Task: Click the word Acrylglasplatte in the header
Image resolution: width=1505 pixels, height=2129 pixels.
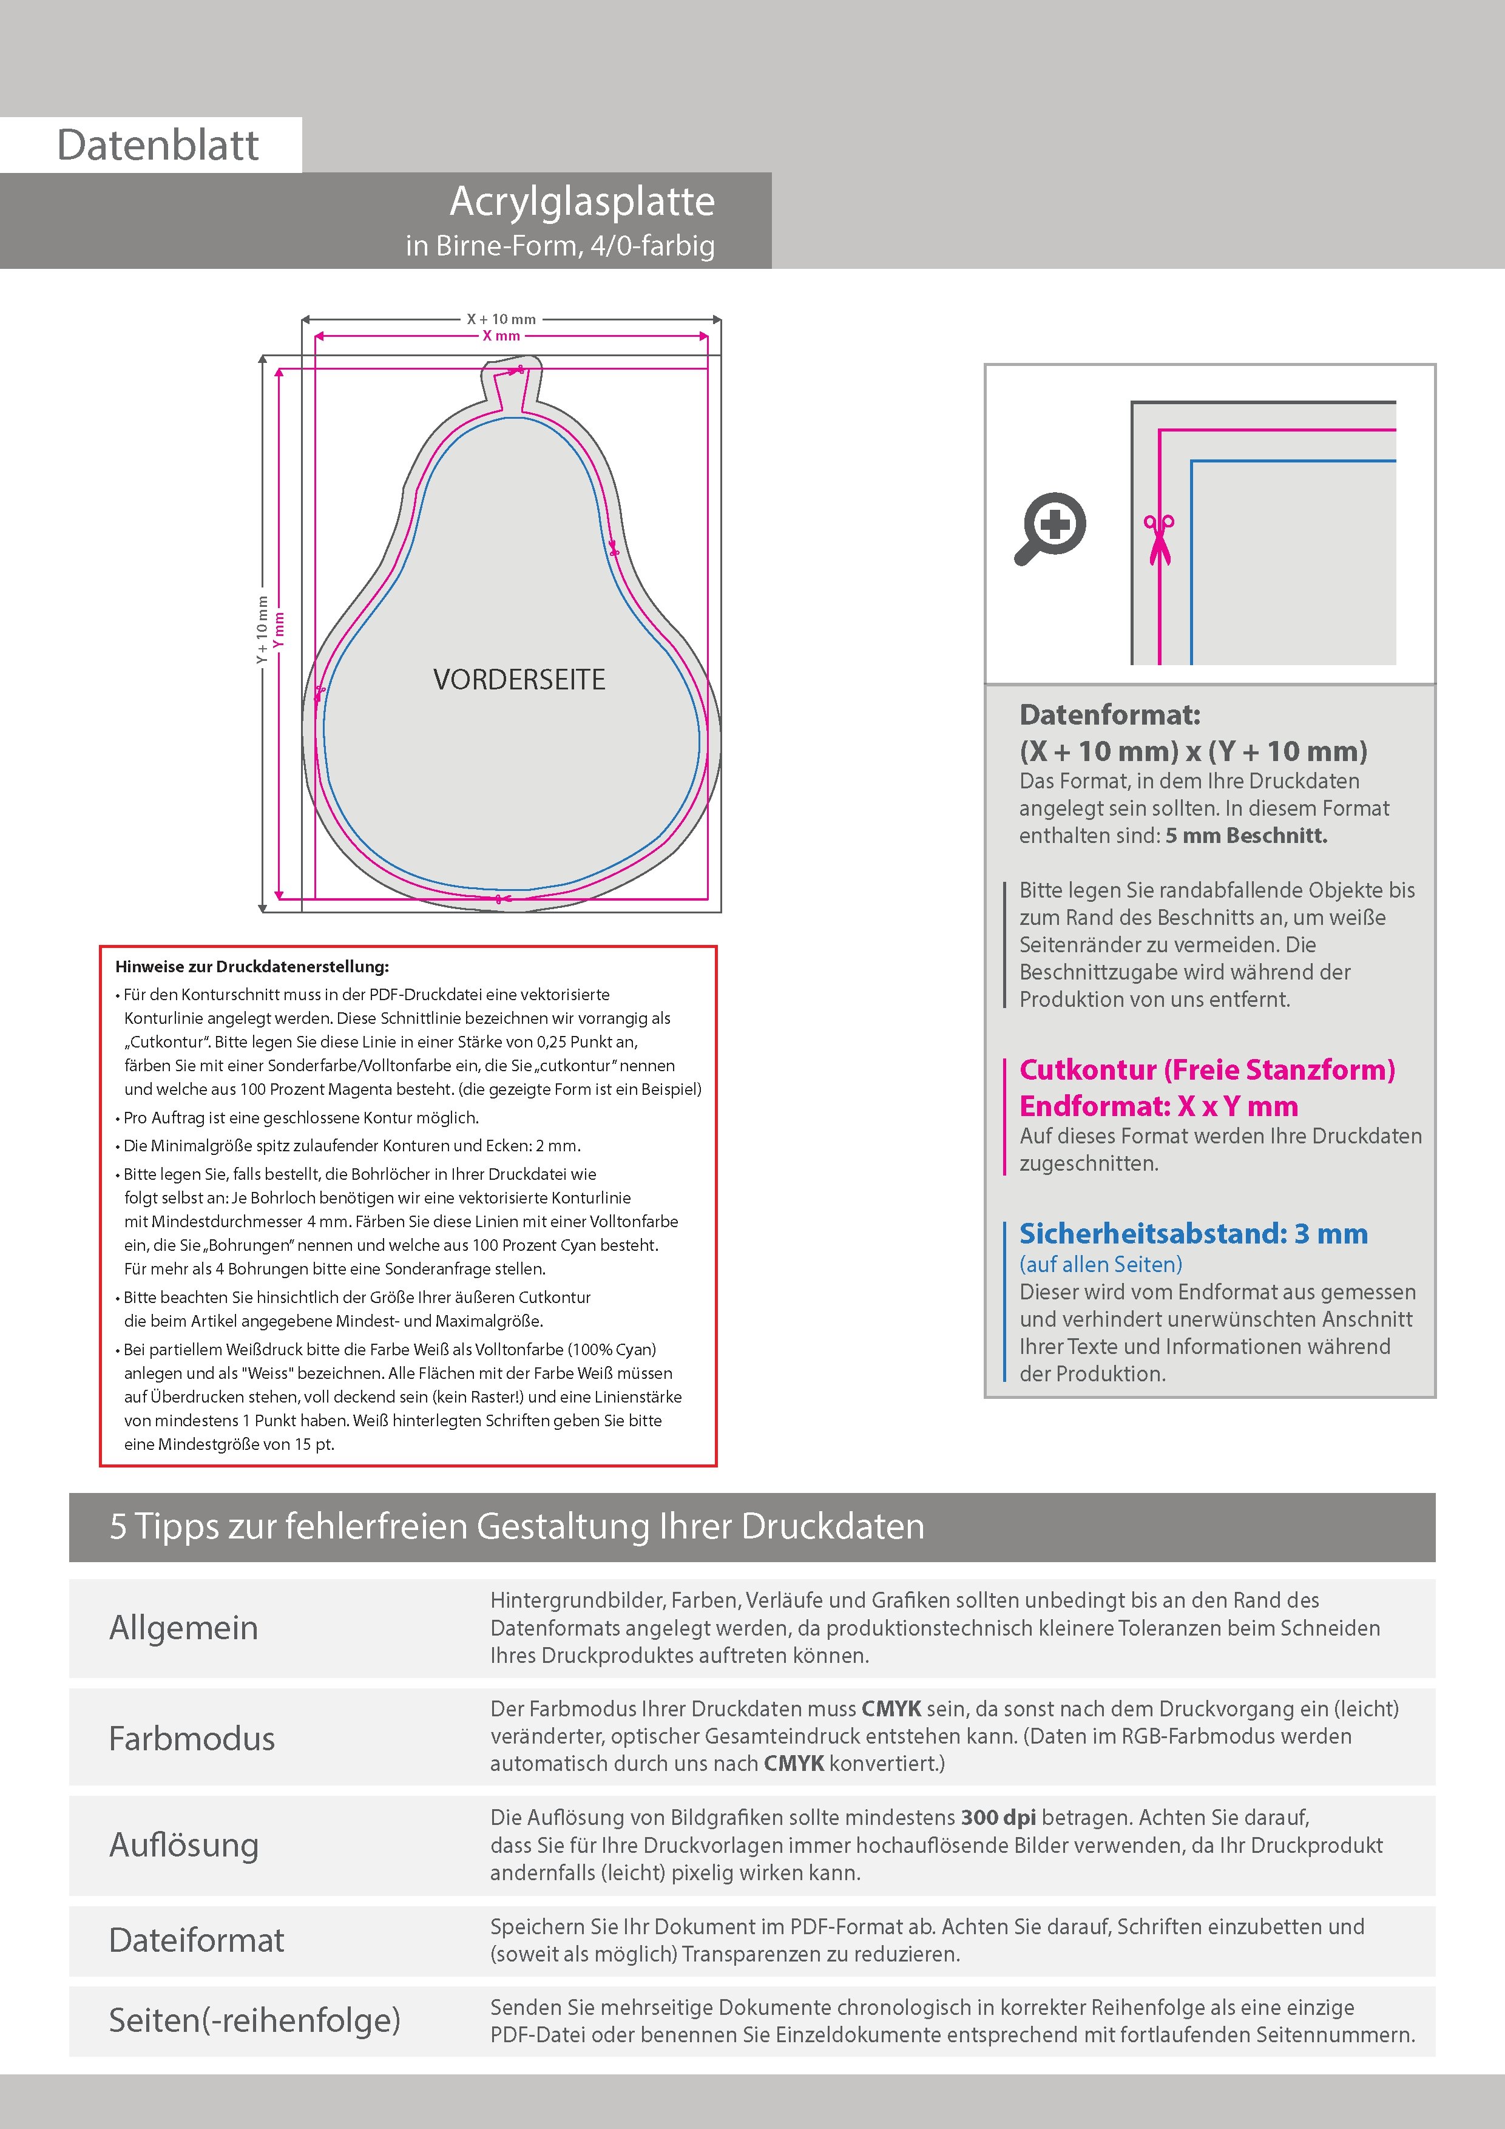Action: pyautogui.click(x=583, y=201)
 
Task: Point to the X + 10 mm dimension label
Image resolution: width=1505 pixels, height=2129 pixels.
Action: pyautogui.click(x=501, y=319)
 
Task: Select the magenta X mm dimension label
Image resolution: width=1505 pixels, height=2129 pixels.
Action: pyautogui.click(x=501, y=336)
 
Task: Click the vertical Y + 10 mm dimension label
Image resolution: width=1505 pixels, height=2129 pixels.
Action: pyautogui.click(x=262, y=631)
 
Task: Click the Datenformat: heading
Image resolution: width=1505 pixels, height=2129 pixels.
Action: pyautogui.click(x=1109, y=715)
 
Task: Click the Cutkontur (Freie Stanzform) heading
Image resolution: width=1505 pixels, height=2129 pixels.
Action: pyautogui.click(x=1206, y=1069)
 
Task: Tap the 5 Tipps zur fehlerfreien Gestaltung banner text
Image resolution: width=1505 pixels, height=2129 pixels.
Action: pyautogui.click(x=516, y=1526)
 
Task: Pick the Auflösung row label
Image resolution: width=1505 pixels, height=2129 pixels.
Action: pyautogui.click(x=184, y=1844)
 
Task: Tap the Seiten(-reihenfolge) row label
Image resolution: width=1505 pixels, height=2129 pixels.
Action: pyautogui.click(x=254, y=2020)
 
